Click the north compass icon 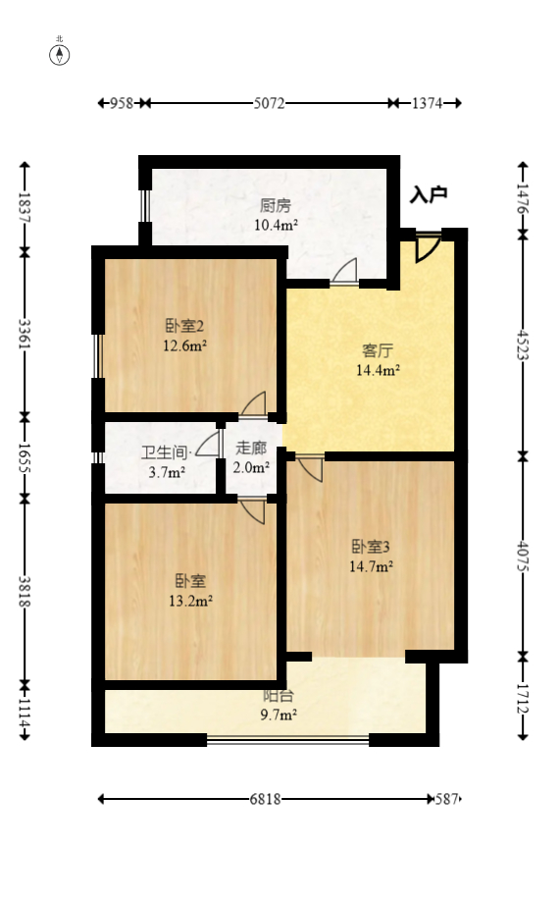pyautogui.click(x=60, y=53)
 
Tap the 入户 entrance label pyautogui.click(x=429, y=194)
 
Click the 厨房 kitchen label pyautogui.click(x=276, y=206)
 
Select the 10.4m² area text pyautogui.click(x=276, y=225)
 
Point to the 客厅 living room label pyautogui.click(x=378, y=350)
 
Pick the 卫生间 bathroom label pyautogui.click(x=164, y=452)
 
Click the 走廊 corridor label pyautogui.click(x=251, y=448)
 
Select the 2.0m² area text pyautogui.click(x=251, y=467)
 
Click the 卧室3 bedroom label pyautogui.click(x=372, y=547)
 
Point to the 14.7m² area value pyautogui.click(x=372, y=565)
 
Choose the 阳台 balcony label pyautogui.click(x=276, y=696)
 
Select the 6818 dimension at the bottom pyautogui.click(x=265, y=799)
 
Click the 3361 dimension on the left pyautogui.click(x=25, y=334)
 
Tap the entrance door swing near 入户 pyautogui.click(x=427, y=246)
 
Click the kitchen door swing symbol pyautogui.click(x=344, y=273)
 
